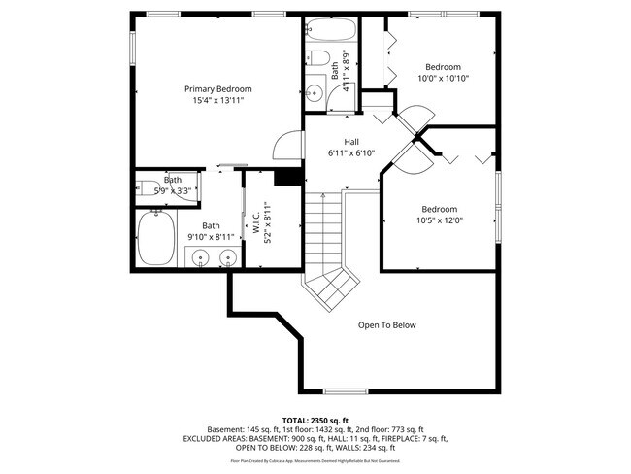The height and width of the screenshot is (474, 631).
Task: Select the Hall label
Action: [x=338, y=142]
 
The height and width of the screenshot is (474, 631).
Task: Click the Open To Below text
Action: [x=386, y=325]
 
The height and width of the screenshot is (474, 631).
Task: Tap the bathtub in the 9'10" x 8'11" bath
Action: [x=155, y=240]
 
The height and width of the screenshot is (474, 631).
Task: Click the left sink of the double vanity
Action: [x=200, y=257]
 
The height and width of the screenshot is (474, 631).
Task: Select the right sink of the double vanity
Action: [x=228, y=257]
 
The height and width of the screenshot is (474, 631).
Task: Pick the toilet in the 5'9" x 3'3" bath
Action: [x=149, y=188]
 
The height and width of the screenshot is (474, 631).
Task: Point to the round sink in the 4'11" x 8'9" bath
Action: [x=315, y=94]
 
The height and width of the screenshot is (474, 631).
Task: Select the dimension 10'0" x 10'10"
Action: [x=444, y=78]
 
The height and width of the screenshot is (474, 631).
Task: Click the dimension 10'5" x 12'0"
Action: [x=439, y=220]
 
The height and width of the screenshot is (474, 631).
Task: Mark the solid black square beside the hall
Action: [x=287, y=177]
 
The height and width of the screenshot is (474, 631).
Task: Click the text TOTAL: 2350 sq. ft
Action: [x=315, y=419]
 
